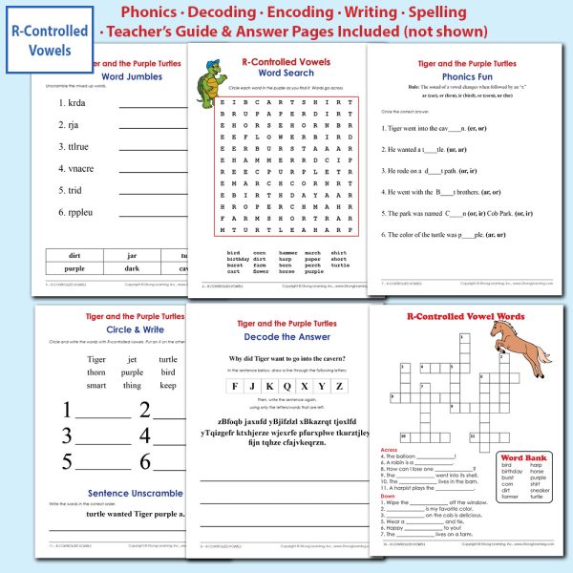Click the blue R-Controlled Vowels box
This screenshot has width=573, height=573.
pos(48,37)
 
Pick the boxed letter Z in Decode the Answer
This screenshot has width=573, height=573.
pos(338,386)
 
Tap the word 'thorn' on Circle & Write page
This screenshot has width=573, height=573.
pos(95,372)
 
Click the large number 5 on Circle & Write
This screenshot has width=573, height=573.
pos(68,462)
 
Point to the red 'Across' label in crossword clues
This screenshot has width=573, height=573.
pos(390,449)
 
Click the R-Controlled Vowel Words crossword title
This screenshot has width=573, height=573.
pos(465,316)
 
